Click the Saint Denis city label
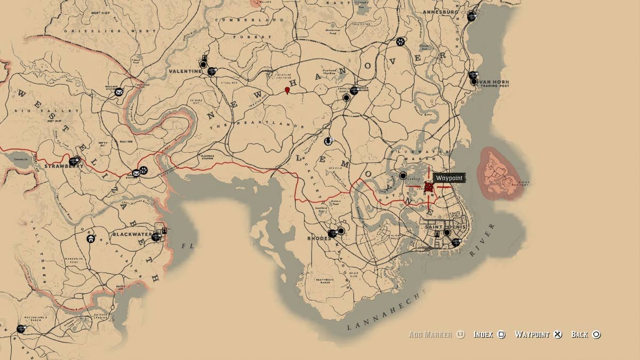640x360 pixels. (x=445, y=227)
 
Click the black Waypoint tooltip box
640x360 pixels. (x=449, y=178)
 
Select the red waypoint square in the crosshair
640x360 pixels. (x=429, y=187)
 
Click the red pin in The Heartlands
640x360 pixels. (x=287, y=90)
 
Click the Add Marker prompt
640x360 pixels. (x=430, y=334)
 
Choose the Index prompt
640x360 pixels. (x=483, y=334)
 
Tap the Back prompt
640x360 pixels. (x=579, y=334)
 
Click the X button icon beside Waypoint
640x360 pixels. (x=557, y=334)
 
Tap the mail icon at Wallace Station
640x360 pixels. (x=118, y=92)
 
